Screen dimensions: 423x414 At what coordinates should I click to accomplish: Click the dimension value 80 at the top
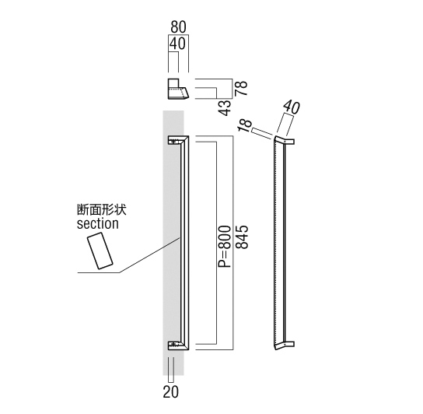click(x=178, y=27)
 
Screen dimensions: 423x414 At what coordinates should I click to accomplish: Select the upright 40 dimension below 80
click(x=177, y=44)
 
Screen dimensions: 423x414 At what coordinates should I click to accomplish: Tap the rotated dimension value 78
click(x=241, y=88)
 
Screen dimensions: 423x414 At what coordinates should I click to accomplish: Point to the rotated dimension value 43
click(x=225, y=107)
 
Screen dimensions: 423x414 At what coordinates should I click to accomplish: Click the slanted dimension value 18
click(x=245, y=125)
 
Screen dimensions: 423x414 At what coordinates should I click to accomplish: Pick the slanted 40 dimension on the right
click(x=291, y=107)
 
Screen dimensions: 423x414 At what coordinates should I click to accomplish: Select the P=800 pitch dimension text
click(x=225, y=247)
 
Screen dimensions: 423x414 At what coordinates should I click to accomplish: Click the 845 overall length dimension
click(x=242, y=237)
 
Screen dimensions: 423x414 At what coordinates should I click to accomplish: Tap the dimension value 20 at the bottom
click(x=171, y=391)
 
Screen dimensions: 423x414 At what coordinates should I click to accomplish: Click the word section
click(x=98, y=224)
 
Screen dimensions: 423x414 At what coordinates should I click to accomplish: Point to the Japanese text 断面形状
click(x=102, y=209)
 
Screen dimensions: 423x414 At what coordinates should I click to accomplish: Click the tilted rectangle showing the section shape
click(x=100, y=251)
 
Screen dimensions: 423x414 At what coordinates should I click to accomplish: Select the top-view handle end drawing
click(x=178, y=89)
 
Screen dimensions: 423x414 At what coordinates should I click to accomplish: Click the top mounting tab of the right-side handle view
click(x=289, y=142)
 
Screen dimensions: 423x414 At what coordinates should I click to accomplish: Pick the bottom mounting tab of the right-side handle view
click(x=289, y=344)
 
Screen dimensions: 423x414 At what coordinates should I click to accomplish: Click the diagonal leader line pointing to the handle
click(x=150, y=255)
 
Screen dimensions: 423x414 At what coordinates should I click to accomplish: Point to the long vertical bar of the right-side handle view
click(x=279, y=243)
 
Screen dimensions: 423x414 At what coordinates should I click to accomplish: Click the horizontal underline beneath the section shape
click(x=99, y=273)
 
